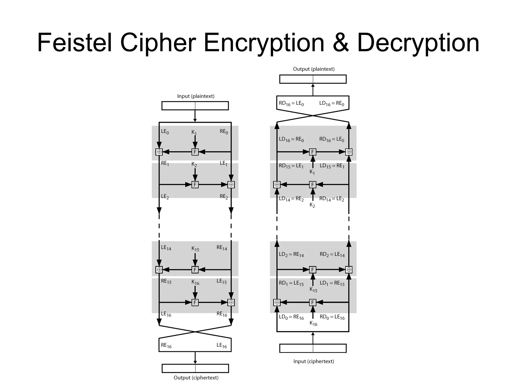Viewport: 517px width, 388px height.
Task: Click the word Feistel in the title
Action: coord(74,43)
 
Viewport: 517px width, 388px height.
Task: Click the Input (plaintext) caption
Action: coord(196,96)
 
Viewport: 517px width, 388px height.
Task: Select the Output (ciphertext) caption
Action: coord(196,378)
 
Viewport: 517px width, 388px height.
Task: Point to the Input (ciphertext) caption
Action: coord(314,361)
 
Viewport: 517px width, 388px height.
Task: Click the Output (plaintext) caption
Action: coord(314,69)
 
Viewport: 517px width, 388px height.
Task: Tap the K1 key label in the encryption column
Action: coord(194,132)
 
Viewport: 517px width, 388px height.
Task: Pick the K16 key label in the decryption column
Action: coord(313,323)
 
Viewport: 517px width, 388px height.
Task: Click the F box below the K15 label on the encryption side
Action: coord(195,270)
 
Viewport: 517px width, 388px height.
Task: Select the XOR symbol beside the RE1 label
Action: coord(159,152)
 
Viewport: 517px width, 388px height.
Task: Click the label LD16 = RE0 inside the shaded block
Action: coord(291,139)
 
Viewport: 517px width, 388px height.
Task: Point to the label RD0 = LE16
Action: coord(332,317)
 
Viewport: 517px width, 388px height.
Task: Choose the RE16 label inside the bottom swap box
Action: coord(166,346)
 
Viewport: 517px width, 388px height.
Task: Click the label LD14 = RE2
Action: coord(291,199)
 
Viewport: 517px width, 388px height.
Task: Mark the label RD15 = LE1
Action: coord(291,166)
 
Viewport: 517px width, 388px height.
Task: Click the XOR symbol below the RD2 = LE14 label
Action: coord(349,270)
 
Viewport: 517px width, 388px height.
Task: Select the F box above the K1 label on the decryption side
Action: coord(313,152)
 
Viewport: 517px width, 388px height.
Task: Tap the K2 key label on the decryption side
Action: coord(312,205)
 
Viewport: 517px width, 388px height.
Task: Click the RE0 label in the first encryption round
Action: coord(224,132)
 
